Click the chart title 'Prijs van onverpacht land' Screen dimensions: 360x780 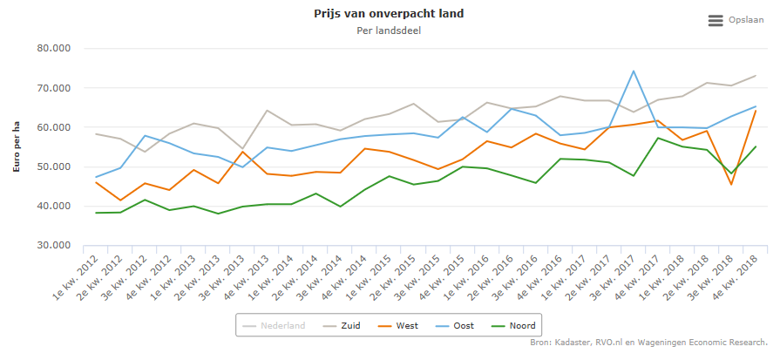[389, 14]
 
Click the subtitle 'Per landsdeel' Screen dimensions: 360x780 [389, 31]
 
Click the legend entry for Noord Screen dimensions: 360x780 [513, 326]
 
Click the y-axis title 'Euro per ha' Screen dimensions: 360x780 [16, 147]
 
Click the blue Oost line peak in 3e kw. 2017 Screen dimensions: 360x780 [633, 71]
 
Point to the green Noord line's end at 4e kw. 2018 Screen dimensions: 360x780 [755, 146]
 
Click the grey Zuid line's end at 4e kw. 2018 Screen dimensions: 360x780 [755, 76]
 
